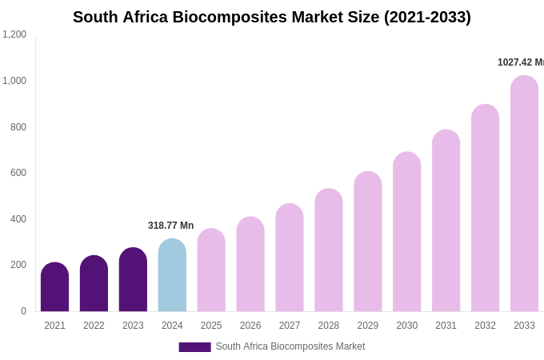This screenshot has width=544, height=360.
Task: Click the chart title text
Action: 272,17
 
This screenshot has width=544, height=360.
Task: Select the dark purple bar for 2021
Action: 54,288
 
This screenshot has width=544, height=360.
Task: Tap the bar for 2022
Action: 94,284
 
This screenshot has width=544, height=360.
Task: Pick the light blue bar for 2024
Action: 172,276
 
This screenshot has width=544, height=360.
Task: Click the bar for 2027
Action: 290,258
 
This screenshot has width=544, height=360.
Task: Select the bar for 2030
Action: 406,232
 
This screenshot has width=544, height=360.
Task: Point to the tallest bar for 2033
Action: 524,194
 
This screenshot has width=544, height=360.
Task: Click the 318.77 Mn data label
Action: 170,226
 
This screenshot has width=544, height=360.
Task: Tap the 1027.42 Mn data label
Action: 520,62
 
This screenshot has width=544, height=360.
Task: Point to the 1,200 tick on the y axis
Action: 14,34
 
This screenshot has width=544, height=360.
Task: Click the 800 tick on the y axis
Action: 18,126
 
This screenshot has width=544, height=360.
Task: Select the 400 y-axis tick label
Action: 18,219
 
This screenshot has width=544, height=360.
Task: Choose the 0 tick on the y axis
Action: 23,311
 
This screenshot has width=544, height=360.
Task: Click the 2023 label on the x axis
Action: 133,326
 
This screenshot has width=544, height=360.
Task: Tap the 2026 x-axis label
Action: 250,326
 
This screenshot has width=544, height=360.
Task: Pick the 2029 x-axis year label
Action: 368,326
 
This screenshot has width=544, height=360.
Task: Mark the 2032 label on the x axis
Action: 485,326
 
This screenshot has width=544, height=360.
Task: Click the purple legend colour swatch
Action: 194,347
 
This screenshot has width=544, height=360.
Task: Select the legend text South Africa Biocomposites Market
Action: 290,346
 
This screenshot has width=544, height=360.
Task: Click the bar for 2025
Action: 211,270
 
